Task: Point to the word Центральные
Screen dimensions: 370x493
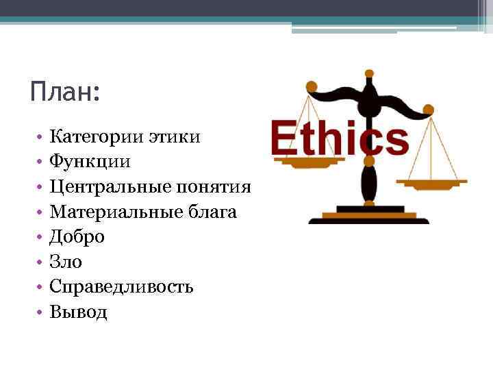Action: pyautogui.click(x=111, y=187)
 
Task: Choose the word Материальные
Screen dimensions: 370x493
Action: pyautogui.click(x=116, y=212)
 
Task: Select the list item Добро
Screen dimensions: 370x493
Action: pyautogui.click(x=77, y=237)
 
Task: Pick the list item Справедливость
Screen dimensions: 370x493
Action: pyautogui.click(x=121, y=287)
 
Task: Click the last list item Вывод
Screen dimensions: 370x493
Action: pyautogui.click(x=78, y=312)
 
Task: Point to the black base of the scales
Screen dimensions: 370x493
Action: pyautogui.click(x=368, y=218)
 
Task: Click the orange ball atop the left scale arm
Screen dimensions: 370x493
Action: pyautogui.click(x=311, y=86)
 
